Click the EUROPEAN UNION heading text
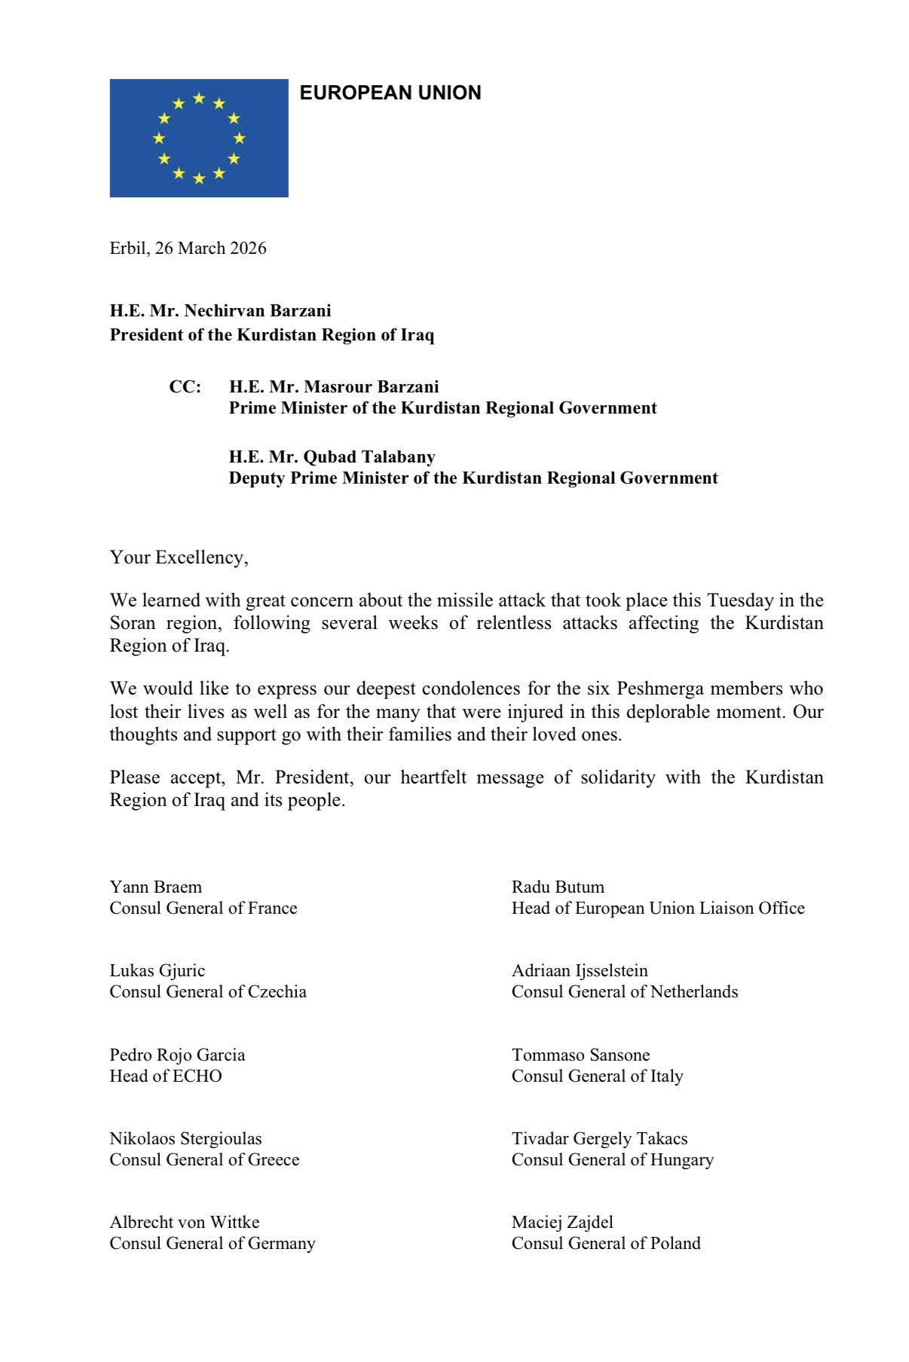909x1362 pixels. pyautogui.click(x=390, y=93)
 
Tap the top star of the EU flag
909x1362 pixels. pyautogui.click(x=199, y=98)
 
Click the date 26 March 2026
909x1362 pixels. pyautogui.click(x=210, y=249)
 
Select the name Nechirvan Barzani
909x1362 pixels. pyautogui.click(x=258, y=311)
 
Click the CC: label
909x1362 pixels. pyautogui.click(x=185, y=387)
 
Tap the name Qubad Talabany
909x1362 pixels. pyautogui.click(x=369, y=457)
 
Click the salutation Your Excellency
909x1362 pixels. pyautogui.click(x=179, y=557)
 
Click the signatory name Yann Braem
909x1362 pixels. pyautogui.click(x=156, y=887)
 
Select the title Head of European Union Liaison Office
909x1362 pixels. pyautogui.click(x=657, y=909)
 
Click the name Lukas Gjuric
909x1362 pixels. pyautogui.click(x=158, y=970)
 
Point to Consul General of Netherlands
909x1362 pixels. pyautogui.click(x=624, y=992)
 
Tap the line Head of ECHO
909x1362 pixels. pyautogui.click(x=166, y=1076)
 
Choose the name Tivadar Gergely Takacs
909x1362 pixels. pyautogui.click(x=599, y=1138)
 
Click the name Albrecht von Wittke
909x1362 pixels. pyautogui.click(x=185, y=1222)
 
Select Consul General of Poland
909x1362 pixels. pyautogui.click(x=606, y=1244)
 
